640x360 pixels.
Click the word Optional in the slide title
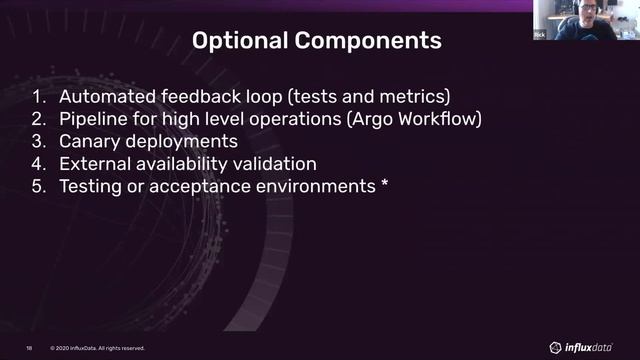(233, 41)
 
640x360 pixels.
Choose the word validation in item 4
(299, 164)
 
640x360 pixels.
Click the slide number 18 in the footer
(30, 348)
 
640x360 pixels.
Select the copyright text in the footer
(98, 348)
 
